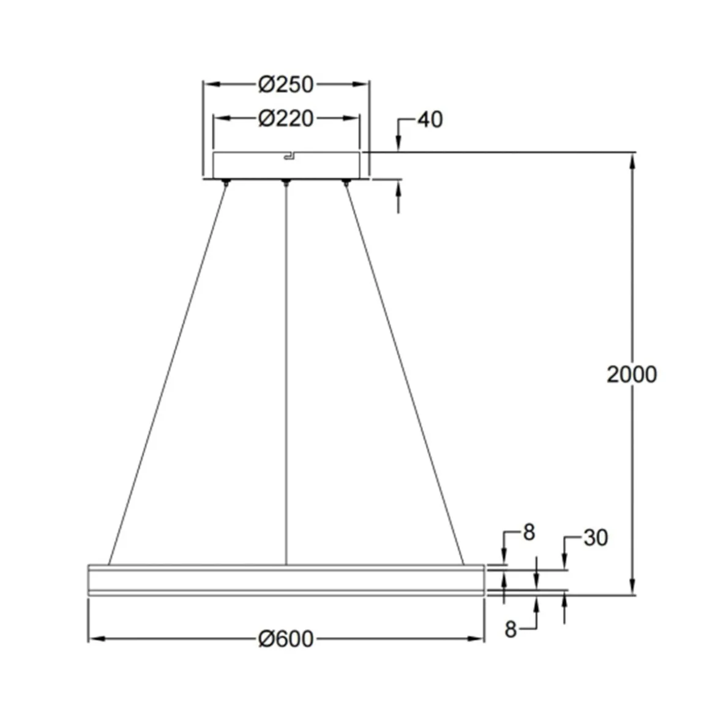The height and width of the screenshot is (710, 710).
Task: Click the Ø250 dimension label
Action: [285, 84]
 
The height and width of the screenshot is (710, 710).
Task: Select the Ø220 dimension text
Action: [285, 118]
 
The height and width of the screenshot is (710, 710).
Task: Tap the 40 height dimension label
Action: [430, 119]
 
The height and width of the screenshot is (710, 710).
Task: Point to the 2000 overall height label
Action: [632, 374]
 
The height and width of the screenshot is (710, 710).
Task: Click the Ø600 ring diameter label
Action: [286, 639]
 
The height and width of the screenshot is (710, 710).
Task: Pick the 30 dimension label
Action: [595, 538]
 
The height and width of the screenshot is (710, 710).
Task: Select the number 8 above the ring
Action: [529, 532]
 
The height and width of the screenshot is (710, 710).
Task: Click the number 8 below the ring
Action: [510, 629]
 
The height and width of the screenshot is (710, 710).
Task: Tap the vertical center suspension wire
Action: [286, 367]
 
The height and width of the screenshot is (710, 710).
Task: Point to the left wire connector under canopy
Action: [226, 182]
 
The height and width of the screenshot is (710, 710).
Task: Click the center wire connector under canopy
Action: [285, 182]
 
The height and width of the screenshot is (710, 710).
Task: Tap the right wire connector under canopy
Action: [345, 182]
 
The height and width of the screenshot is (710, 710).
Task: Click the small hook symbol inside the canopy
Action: [288, 158]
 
